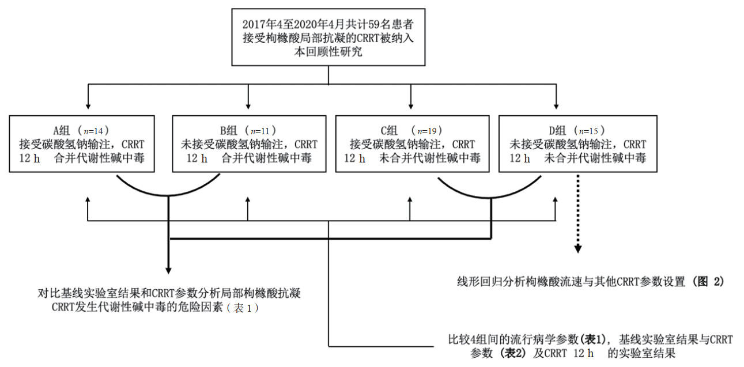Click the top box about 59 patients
[328, 37]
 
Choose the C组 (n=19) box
[412, 143]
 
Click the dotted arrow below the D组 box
[577, 213]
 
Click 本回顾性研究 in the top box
[328, 52]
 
